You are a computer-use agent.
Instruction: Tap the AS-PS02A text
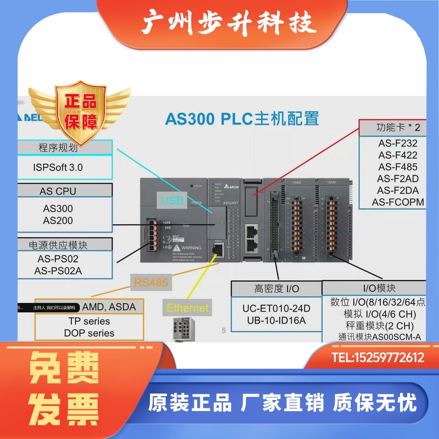[58, 271]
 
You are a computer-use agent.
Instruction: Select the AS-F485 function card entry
[398, 167]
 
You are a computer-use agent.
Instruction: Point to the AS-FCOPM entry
[398, 202]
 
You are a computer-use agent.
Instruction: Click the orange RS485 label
[150, 283]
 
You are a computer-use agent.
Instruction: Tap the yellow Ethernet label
[188, 308]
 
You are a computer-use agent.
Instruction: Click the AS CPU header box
[58, 192]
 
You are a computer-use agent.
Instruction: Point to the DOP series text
[89, 333]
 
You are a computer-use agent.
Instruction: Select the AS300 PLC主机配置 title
[242, 119]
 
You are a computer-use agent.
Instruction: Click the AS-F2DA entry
[398, 190]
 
